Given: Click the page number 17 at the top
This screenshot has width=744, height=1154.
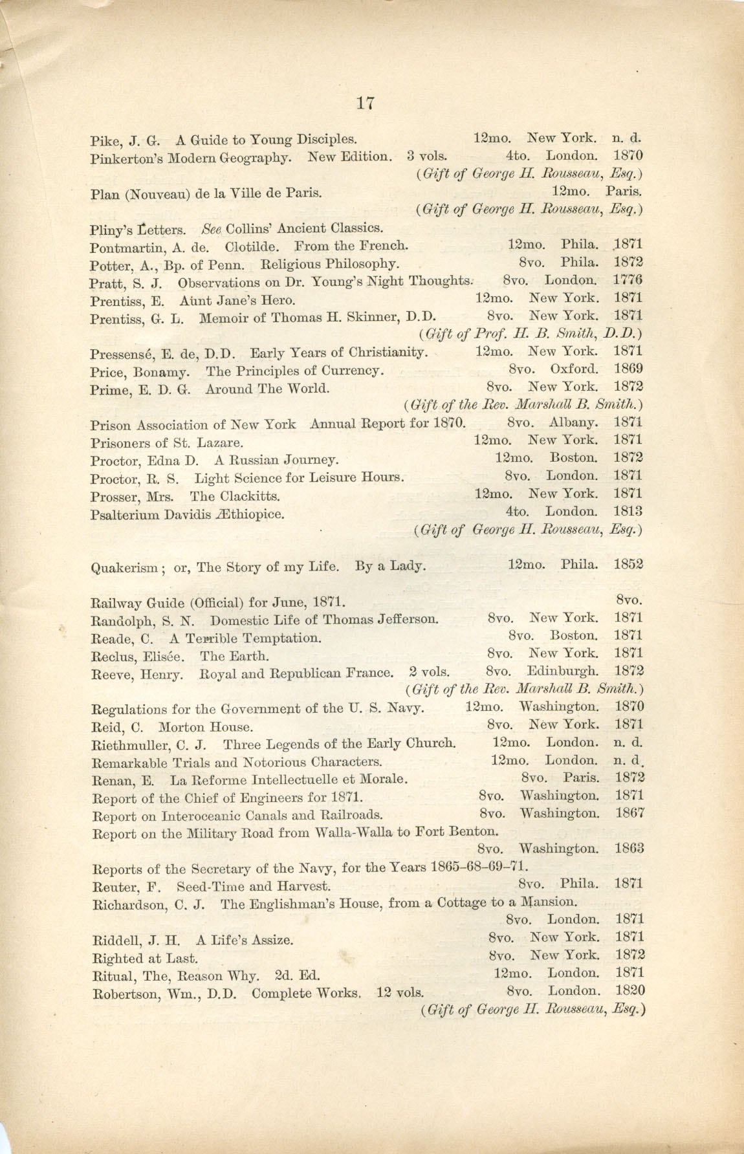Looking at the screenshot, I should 365,103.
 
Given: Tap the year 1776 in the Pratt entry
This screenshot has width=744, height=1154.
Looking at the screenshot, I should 627,280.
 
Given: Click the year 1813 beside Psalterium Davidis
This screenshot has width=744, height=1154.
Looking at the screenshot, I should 628,511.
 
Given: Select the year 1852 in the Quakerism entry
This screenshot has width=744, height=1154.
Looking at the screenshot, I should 628,564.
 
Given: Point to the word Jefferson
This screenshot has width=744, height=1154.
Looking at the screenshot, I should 407,619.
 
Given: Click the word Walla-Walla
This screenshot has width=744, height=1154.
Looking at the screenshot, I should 355,832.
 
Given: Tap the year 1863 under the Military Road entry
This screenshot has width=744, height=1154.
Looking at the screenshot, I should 629,848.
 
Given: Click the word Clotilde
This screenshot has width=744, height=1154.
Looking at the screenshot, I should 252,247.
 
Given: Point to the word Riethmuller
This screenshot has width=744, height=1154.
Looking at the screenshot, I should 131,745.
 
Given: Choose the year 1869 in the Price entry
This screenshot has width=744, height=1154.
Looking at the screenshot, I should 628,369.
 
